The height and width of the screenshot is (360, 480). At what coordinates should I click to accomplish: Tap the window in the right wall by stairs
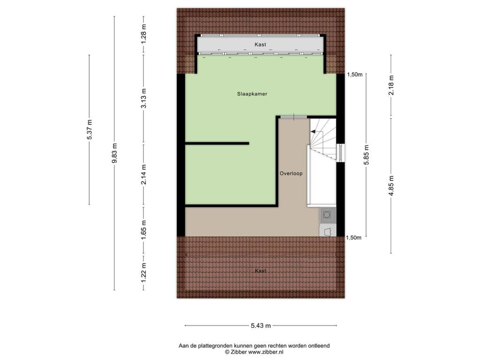340,153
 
